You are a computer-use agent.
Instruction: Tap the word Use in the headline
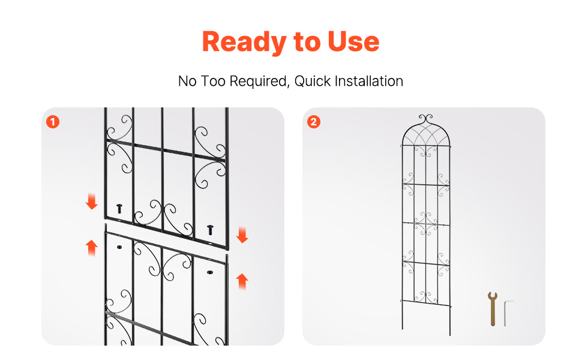tap(353, 41)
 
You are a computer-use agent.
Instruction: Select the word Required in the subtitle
tap(259, 81)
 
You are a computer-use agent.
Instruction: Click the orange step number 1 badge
tap(53, 122)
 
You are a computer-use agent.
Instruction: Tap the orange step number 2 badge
tap(314, 122)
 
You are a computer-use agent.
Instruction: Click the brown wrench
tap(493, 309)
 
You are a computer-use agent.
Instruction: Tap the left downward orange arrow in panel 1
tap(91, 202)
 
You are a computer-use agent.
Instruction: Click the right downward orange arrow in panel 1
tap(242, 235)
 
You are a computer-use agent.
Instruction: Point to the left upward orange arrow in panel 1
tap(91, 248)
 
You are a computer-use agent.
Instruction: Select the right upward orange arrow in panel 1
tap(242, 281)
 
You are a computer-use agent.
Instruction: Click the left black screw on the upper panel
tap(119, 209)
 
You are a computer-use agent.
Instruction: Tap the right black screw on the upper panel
tap(210, 230)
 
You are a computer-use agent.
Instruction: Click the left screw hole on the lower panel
tap(119, 247)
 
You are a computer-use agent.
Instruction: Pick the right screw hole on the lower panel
tap(210, 272)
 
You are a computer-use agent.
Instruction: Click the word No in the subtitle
tap(187, 81)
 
